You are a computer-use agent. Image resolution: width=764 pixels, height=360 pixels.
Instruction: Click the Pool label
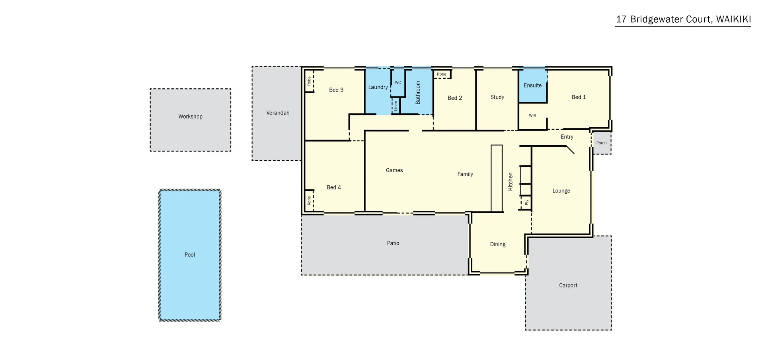(190, 255)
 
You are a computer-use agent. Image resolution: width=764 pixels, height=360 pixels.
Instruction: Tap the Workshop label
(190, 117)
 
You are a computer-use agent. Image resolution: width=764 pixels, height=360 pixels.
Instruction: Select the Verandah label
(278, 113)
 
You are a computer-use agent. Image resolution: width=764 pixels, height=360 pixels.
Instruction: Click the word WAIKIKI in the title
(733, 19)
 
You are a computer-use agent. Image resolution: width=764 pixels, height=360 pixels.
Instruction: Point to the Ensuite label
(532, 86)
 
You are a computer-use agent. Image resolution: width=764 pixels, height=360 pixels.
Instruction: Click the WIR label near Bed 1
(532, 116)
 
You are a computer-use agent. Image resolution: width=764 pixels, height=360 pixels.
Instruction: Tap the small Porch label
(601, 143)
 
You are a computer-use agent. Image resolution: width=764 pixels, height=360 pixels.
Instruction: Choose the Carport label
(568, 286)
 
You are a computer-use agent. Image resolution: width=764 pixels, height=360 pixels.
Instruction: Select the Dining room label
(497, 244)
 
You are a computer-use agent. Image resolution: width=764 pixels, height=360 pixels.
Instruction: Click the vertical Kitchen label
(511, 181)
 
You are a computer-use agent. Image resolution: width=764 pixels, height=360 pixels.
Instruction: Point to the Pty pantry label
(526, 202)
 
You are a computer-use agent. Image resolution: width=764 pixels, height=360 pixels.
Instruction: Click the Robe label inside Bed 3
(309, 81)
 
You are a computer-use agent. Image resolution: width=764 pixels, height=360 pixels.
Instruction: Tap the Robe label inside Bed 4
(309, 200)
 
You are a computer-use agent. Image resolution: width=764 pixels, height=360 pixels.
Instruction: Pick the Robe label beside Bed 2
(441, 74)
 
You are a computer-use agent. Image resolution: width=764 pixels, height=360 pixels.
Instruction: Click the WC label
(398, 83)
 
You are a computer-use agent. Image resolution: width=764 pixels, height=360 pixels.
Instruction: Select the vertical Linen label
(396, 106)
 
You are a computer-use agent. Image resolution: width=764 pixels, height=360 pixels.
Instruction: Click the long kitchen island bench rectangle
(496, 178)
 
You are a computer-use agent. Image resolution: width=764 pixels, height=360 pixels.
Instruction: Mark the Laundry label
(378, 87)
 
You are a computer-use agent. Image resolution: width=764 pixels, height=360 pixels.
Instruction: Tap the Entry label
(567, 137)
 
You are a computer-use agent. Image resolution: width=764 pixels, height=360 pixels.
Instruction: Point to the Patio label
(393, 243)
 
